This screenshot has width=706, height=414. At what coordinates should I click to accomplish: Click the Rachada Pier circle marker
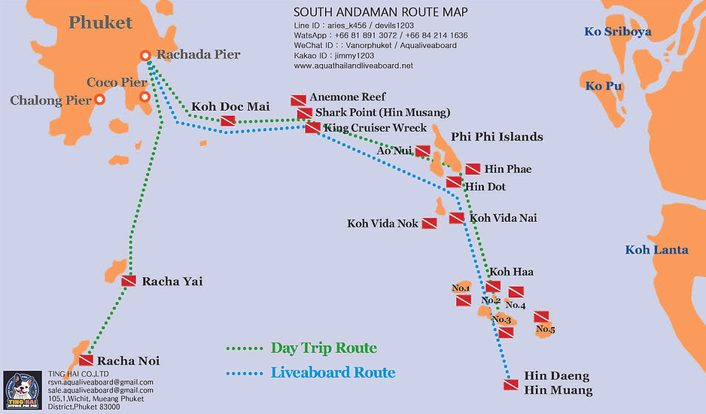tap(146, 55)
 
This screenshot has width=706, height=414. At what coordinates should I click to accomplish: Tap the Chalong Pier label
tap(50, 100)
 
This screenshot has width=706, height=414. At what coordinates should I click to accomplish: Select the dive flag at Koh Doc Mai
tap(228, 120)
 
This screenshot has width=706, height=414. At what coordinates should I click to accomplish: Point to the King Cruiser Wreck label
tap(375, 128)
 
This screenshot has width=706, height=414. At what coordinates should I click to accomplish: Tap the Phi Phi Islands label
tap(497, 137)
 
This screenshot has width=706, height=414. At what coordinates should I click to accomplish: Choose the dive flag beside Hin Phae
tap(473, 169)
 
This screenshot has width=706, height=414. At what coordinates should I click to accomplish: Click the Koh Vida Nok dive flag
tap(429, 224)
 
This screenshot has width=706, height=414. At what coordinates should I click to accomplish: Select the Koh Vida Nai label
tap(503, 218)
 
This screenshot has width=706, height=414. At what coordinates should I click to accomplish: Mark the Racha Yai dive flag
tap(129, 282)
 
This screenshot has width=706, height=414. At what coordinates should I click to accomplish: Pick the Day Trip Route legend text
tap(324, 349)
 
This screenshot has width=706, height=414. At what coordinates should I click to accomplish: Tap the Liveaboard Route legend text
tap(333, 373)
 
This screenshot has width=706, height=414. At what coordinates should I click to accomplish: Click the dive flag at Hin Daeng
tap(510, 385)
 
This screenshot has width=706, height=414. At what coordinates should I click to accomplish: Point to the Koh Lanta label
tap(657, 250)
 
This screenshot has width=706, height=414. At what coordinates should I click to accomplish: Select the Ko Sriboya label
tap(618, 32)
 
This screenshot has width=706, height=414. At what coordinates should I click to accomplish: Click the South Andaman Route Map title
tap(380, 12)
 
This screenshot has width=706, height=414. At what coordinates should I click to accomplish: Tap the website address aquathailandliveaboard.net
tap(353, 66)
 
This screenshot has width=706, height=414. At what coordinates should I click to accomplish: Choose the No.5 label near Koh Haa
tap(546, 329)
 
